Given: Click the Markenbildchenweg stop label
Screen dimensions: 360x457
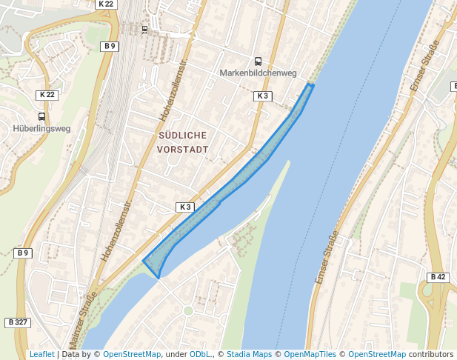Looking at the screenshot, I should click(258, 73).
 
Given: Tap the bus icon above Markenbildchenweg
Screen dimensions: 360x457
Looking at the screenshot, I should click(258, 61).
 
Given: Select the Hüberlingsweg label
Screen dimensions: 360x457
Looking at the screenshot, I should click(41, 128).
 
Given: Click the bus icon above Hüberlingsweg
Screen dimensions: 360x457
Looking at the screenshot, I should click(41, 116).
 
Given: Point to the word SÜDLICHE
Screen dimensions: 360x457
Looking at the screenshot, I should click(182, 135).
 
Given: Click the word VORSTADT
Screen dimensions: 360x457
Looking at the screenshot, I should click(182, 149).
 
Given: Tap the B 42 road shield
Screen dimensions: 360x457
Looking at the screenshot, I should click(437, 277).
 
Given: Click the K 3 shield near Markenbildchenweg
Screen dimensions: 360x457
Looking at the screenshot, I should click(263, 96).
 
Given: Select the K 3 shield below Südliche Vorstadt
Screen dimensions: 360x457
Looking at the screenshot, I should click(184, 206).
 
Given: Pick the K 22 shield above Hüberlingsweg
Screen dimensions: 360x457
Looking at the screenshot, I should click(47, 95).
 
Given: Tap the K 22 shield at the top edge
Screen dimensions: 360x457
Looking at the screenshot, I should click(106, 4).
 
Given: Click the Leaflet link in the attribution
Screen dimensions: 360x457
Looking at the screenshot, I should click(41, 355).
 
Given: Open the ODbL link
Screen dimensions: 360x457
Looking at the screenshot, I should click(200, 355).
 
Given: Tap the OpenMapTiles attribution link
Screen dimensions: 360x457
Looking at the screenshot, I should click(311, 355).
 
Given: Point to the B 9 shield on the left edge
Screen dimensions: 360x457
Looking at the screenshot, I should click(23, 253).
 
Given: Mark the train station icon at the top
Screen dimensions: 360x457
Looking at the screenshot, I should click(144, 30).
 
